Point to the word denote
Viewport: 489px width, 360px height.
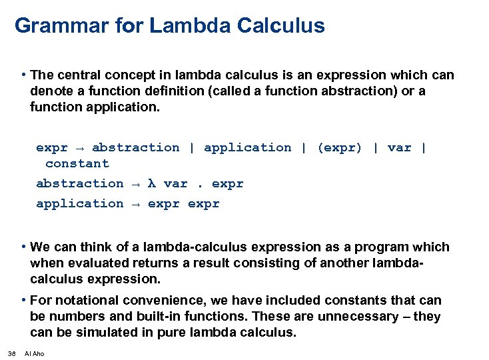pyautogui.click(x=50, y=91)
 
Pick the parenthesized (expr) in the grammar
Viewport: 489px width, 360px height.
pyautogui.click(x=340, y=147)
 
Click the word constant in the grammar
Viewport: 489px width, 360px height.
pyautogui.click(x=77, y=163)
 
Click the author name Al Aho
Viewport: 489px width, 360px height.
pyautogui.click(x=34, y=353)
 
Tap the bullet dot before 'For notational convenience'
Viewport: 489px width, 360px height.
pyautogui.click(x=23, y=300)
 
